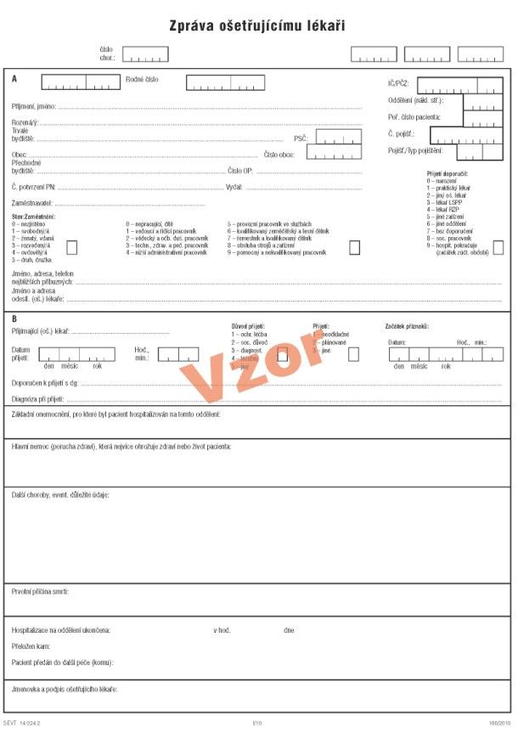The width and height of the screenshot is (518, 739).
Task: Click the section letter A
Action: tap(14, 78)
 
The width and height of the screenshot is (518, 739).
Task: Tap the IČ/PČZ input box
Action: tap(459, 85)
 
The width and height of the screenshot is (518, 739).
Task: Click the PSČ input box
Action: tap(338, 137)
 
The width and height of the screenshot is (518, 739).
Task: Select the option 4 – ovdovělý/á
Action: tap(29, 252)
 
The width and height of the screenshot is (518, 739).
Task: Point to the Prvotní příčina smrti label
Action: tap(40, 590)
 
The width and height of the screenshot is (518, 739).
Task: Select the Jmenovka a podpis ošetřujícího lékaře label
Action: tap(65, 688)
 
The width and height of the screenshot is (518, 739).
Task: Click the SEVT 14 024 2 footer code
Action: tap(23, 724)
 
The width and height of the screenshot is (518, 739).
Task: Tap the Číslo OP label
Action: tap(240, 170)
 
